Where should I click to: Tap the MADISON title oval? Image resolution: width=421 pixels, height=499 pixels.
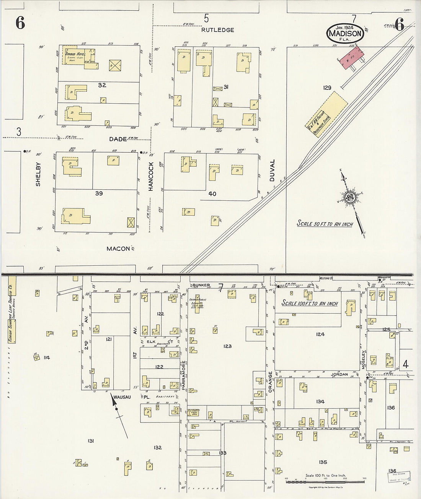[x=345, y=33]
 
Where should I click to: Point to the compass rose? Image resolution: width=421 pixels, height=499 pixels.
[x=349, y=197]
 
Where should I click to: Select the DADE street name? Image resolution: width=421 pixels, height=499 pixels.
[x=118, y=139]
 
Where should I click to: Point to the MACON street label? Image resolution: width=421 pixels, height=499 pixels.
[x=118, y=249]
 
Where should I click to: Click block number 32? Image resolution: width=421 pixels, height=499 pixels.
[x=101, y=85]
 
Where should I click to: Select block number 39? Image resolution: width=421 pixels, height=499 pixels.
[x=99, y=193]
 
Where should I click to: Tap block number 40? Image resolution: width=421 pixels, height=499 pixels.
[x=212, y=194]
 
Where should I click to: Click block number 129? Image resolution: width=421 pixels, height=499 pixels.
[x=327, y=88]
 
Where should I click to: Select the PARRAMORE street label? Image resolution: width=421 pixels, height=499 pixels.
[x=184, y=375]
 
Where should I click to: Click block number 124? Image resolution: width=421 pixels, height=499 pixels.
[x=320, y=334]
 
